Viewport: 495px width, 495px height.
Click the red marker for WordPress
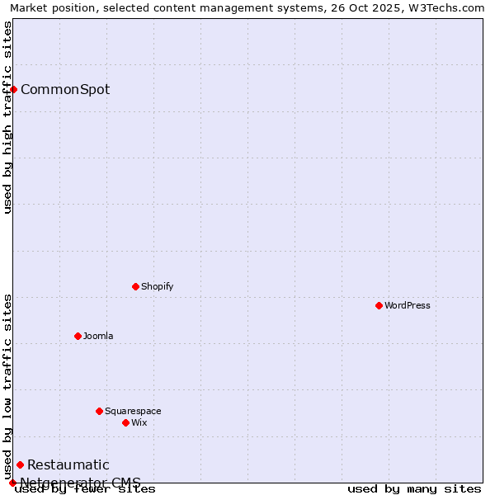point(379,305)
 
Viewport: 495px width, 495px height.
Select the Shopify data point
point(135,286)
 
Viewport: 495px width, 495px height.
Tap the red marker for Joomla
point(78,336)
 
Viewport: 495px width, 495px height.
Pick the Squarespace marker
point(99,411)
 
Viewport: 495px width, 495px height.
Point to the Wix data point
point(125,422)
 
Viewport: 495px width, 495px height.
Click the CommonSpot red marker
point(14,89)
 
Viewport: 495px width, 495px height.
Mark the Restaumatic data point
point(20,464)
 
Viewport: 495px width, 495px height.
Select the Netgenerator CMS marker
point(12,483)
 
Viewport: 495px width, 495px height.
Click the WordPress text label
point(408,305)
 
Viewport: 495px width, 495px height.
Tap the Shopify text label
point(157,286)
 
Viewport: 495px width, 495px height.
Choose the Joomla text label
point(98,336)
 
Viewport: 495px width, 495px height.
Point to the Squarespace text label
point(133,411)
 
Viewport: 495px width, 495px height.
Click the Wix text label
point(139,422)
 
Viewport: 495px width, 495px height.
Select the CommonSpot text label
point(65,89)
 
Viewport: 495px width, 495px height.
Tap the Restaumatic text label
point(68,464)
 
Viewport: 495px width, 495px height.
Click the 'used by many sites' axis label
point(414,489)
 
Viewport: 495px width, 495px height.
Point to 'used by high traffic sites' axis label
point(7,117)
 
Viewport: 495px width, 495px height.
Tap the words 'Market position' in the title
point(48,7)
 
